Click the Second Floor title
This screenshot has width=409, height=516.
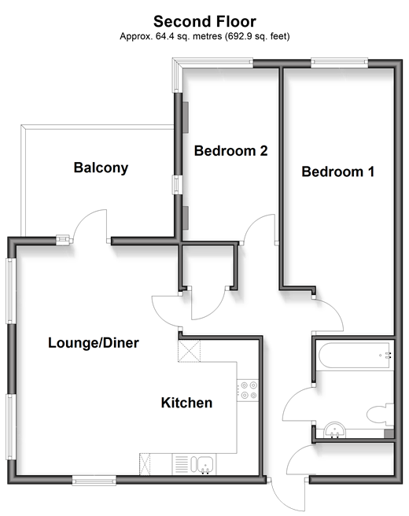pyautogui.click(x=204, y=22)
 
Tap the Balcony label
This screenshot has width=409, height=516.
pyautogui.click(x=101, y=168)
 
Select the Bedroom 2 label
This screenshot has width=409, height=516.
pyautogui.click(x=230, y=151)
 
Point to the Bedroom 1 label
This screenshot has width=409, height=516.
pyautogui.click(x=338, y=171)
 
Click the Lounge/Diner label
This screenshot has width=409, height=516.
pyautogui.click(x=94, y=343)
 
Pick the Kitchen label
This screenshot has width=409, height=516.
pyautogui.click(x=186, y=403)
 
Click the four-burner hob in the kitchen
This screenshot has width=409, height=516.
pyautogui.click(x=249, y=390)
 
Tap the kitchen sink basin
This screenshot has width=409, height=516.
pyautogui.click(x=203, y=464)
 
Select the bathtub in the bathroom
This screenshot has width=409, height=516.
pyautogui.click(x=355, y=356)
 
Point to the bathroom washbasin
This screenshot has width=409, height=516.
pyautogui.click(x=334, y=430)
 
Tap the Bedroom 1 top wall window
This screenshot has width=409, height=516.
pyautogui.click(x=339, y=63)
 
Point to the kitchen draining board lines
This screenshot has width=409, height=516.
pyautogui.click(x=181, y=464)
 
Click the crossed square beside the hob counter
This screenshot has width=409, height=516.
pyautogui.click(x=189, y=351)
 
